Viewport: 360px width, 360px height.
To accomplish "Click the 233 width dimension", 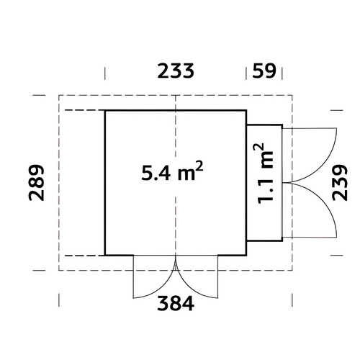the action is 176,71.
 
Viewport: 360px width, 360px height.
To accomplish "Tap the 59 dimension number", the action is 264,71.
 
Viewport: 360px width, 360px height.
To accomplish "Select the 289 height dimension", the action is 37,183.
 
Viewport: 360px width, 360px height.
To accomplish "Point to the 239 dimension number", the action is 340,183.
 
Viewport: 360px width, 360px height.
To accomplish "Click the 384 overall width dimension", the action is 176,304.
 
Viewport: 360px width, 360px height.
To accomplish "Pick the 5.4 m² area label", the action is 172,171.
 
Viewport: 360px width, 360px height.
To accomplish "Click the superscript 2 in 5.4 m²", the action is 199,166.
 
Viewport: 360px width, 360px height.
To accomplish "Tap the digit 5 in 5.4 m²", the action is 146,173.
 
